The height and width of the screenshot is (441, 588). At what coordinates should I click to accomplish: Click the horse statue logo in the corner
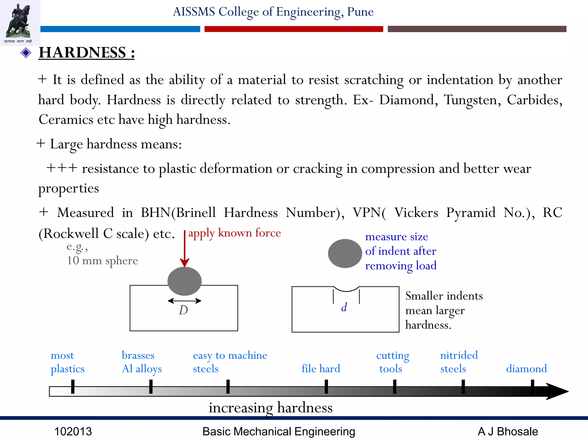[19, 22]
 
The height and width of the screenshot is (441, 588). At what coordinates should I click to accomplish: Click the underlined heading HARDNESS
[86, 53]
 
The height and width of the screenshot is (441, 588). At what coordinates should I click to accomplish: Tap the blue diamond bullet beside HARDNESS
[26, 53]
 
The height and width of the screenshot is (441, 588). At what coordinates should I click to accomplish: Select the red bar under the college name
[293, 29]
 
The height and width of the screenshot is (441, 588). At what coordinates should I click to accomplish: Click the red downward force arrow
[185, 250]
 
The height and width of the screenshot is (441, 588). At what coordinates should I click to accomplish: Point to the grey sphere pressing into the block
[184, 281]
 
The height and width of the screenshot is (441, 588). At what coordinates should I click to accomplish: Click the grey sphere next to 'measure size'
[345, 254]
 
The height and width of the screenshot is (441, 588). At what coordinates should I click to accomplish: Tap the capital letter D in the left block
[183, 310]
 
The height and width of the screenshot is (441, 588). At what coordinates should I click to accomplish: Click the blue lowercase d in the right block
[344, 307]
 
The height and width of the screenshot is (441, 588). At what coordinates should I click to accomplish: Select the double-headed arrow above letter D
[184, 301]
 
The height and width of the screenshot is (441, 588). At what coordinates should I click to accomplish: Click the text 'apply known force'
[234, 233]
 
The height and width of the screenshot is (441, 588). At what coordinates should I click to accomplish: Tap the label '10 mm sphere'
[102, 261]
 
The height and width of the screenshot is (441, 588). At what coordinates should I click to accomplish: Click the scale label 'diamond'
[526, 368]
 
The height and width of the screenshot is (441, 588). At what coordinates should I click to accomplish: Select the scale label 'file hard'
[321, 368]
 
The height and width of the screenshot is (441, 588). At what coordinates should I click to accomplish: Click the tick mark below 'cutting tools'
[394, 386]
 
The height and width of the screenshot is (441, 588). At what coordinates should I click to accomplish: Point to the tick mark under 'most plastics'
[73, 386]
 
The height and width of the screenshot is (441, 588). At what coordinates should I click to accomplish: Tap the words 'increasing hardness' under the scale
[270, 408]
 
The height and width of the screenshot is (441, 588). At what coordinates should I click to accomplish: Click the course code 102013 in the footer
[73, 432]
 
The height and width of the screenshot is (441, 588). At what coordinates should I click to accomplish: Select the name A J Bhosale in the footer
[508, 432]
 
